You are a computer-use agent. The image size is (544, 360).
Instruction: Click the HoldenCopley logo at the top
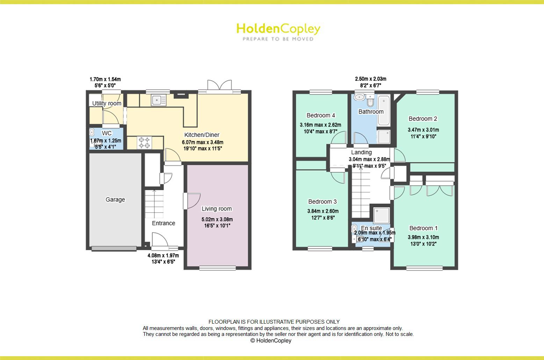(x=278, y=31)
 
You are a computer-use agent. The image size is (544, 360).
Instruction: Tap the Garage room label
(x=115, y=200)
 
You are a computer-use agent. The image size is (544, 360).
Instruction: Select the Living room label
(x=217, y=209)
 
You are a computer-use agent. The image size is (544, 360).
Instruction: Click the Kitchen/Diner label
(x=202, y=135)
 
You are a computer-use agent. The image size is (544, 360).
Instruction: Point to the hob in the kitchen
(x=145, y=142)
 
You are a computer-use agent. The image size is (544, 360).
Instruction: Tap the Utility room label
(x=107, y=103)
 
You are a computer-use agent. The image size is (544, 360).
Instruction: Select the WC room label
(x=107, y=133)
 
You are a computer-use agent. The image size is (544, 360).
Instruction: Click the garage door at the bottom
(x=114, y=249)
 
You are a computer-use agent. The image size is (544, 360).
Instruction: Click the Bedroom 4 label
(x=321, y=116)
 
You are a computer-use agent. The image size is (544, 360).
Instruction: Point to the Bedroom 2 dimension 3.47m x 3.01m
(x=423, y=130)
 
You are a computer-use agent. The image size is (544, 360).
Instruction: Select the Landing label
(x=361, y=153)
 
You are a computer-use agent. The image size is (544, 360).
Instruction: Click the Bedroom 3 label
(x=322, y=202)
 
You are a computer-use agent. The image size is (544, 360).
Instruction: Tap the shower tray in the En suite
(x=381, y=216)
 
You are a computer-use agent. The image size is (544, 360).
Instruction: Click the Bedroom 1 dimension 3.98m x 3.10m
(x=423, y=237)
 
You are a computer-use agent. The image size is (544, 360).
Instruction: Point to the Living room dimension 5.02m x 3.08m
(x=217, y=220)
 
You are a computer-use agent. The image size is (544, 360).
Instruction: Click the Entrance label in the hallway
(x=164, y=223)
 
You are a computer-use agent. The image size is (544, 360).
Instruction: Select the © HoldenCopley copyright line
(x=271, y=341)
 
